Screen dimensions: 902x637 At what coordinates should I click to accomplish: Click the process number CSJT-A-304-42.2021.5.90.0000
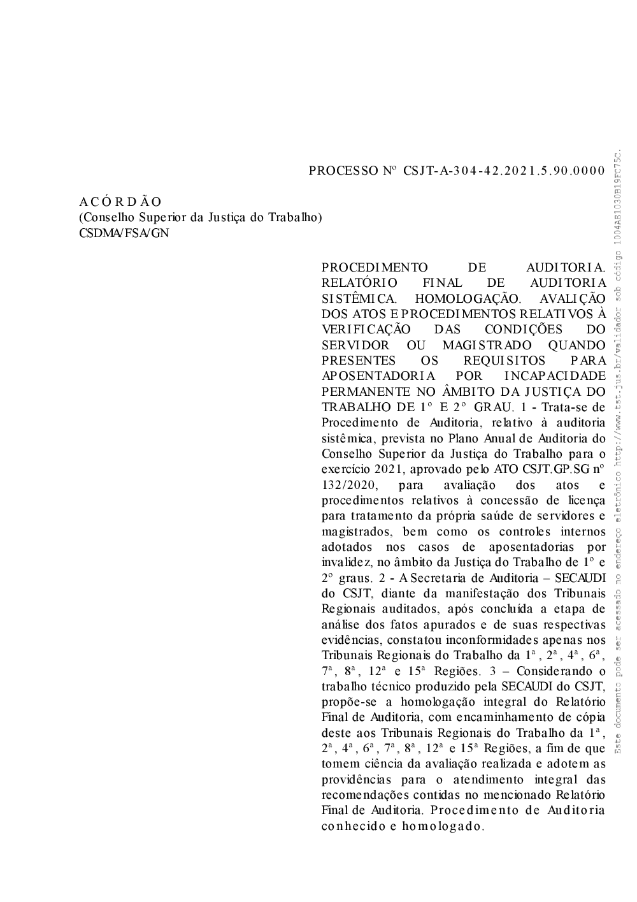coord(504,171)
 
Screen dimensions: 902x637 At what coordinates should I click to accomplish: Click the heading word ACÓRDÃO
coord(120,202)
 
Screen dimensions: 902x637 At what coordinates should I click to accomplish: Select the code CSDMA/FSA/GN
coord(124,233)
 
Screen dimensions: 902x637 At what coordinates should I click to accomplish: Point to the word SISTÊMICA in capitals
coord(360,298)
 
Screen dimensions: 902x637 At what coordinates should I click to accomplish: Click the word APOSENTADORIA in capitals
coord(378,375)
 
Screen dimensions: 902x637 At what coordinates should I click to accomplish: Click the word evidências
coord(352,640)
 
